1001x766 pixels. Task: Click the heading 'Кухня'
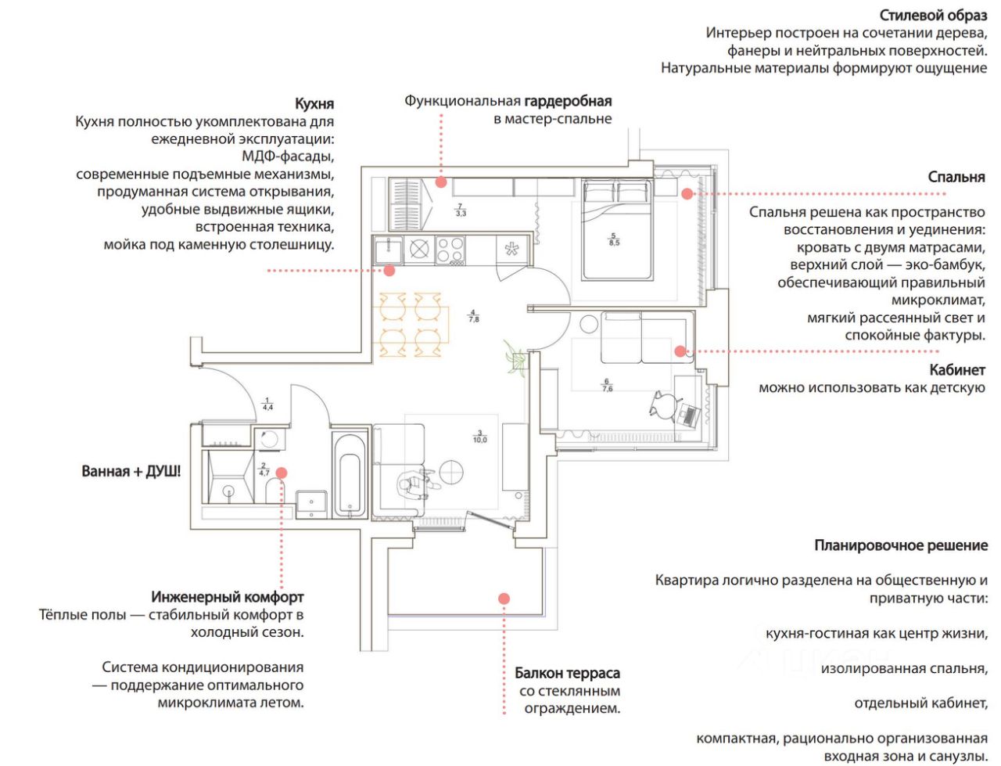[314, 104]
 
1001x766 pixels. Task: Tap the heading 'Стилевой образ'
[933, 16]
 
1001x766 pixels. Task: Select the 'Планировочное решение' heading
[901, 545]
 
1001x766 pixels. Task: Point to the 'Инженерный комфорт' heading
[228, 597]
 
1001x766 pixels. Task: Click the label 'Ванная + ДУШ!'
[131, 472]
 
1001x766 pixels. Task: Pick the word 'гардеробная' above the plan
[568, 101]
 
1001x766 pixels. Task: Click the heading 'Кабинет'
[956, 370]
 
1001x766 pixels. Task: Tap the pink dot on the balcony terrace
[504, 599]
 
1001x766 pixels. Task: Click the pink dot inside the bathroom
[282, 473]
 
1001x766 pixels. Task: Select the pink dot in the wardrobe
[441, 182]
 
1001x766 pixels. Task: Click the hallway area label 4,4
[267, 404]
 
